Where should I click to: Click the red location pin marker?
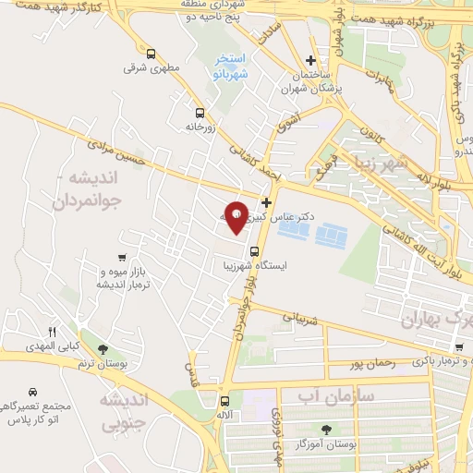237,215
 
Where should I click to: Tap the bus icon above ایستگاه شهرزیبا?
254,249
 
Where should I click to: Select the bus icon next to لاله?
224,401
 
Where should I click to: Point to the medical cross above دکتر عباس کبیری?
267,201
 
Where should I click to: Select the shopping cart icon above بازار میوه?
122,258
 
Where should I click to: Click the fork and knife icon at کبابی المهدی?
53,333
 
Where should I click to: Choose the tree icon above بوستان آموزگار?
325,430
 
